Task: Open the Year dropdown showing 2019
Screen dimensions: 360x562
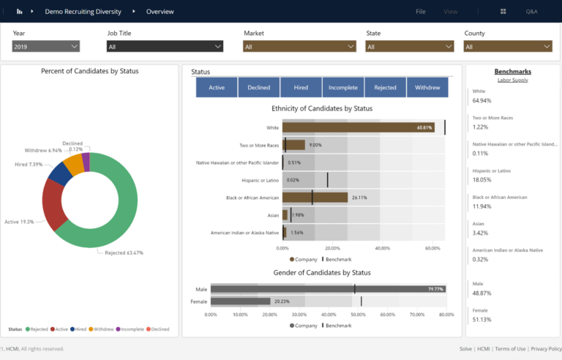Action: pos(45,46)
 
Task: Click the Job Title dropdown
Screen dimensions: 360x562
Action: pos(164,46)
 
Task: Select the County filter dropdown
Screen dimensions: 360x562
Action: pos(507,46)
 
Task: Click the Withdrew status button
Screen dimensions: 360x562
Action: pos(427,88)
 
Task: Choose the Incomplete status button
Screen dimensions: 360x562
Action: pos(343,88)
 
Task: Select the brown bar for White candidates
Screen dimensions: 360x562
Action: pos(359,127)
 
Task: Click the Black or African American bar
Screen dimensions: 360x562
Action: pos(315,198)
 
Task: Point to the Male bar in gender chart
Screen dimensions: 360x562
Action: pos(329,289)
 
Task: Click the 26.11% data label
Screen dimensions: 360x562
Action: pos(359,198)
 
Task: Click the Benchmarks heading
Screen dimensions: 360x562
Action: pos(512,72)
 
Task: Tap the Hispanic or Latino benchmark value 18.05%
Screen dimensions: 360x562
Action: pos(482,179)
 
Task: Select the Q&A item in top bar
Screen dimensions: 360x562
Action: pos(531,12)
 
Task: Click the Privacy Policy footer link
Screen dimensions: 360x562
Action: pos(546,349)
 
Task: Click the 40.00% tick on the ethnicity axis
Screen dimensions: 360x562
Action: pos(382,248)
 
